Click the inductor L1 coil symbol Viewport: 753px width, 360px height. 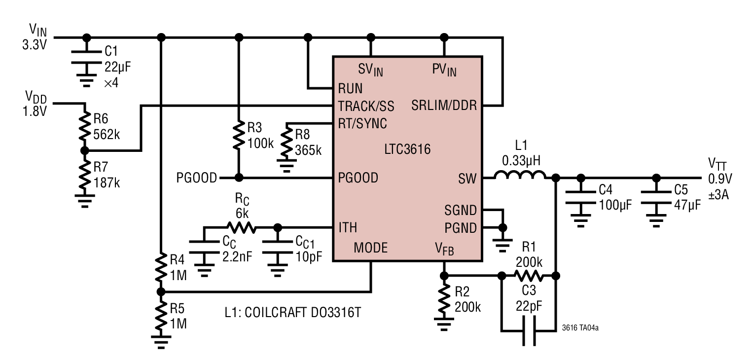pos(520,175)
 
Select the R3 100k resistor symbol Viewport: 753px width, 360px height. pos(239,135)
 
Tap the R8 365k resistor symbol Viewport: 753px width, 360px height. pos(287,141)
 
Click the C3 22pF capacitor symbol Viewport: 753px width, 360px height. pos(529,331)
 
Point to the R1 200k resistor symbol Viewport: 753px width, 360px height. pos(529,276)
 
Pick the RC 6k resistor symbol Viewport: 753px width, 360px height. pos(242,227)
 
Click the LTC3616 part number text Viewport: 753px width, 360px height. pos(407,149)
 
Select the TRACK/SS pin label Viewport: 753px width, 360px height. pos(366,106)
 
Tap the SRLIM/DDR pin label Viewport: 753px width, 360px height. pos(444,106)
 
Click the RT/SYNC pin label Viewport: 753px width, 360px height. pos(362,124)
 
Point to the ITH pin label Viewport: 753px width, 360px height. pos(348,227)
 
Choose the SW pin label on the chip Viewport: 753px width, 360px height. pos(467,179)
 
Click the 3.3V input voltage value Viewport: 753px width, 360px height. pos(35,45)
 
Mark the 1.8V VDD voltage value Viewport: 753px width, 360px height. pos(35,111)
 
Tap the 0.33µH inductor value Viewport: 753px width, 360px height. pos(521,161)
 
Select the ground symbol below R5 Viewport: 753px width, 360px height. pos(161,342)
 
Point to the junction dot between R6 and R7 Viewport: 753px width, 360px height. pos(85,150)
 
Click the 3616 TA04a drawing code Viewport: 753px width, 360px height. pos(580,328)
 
